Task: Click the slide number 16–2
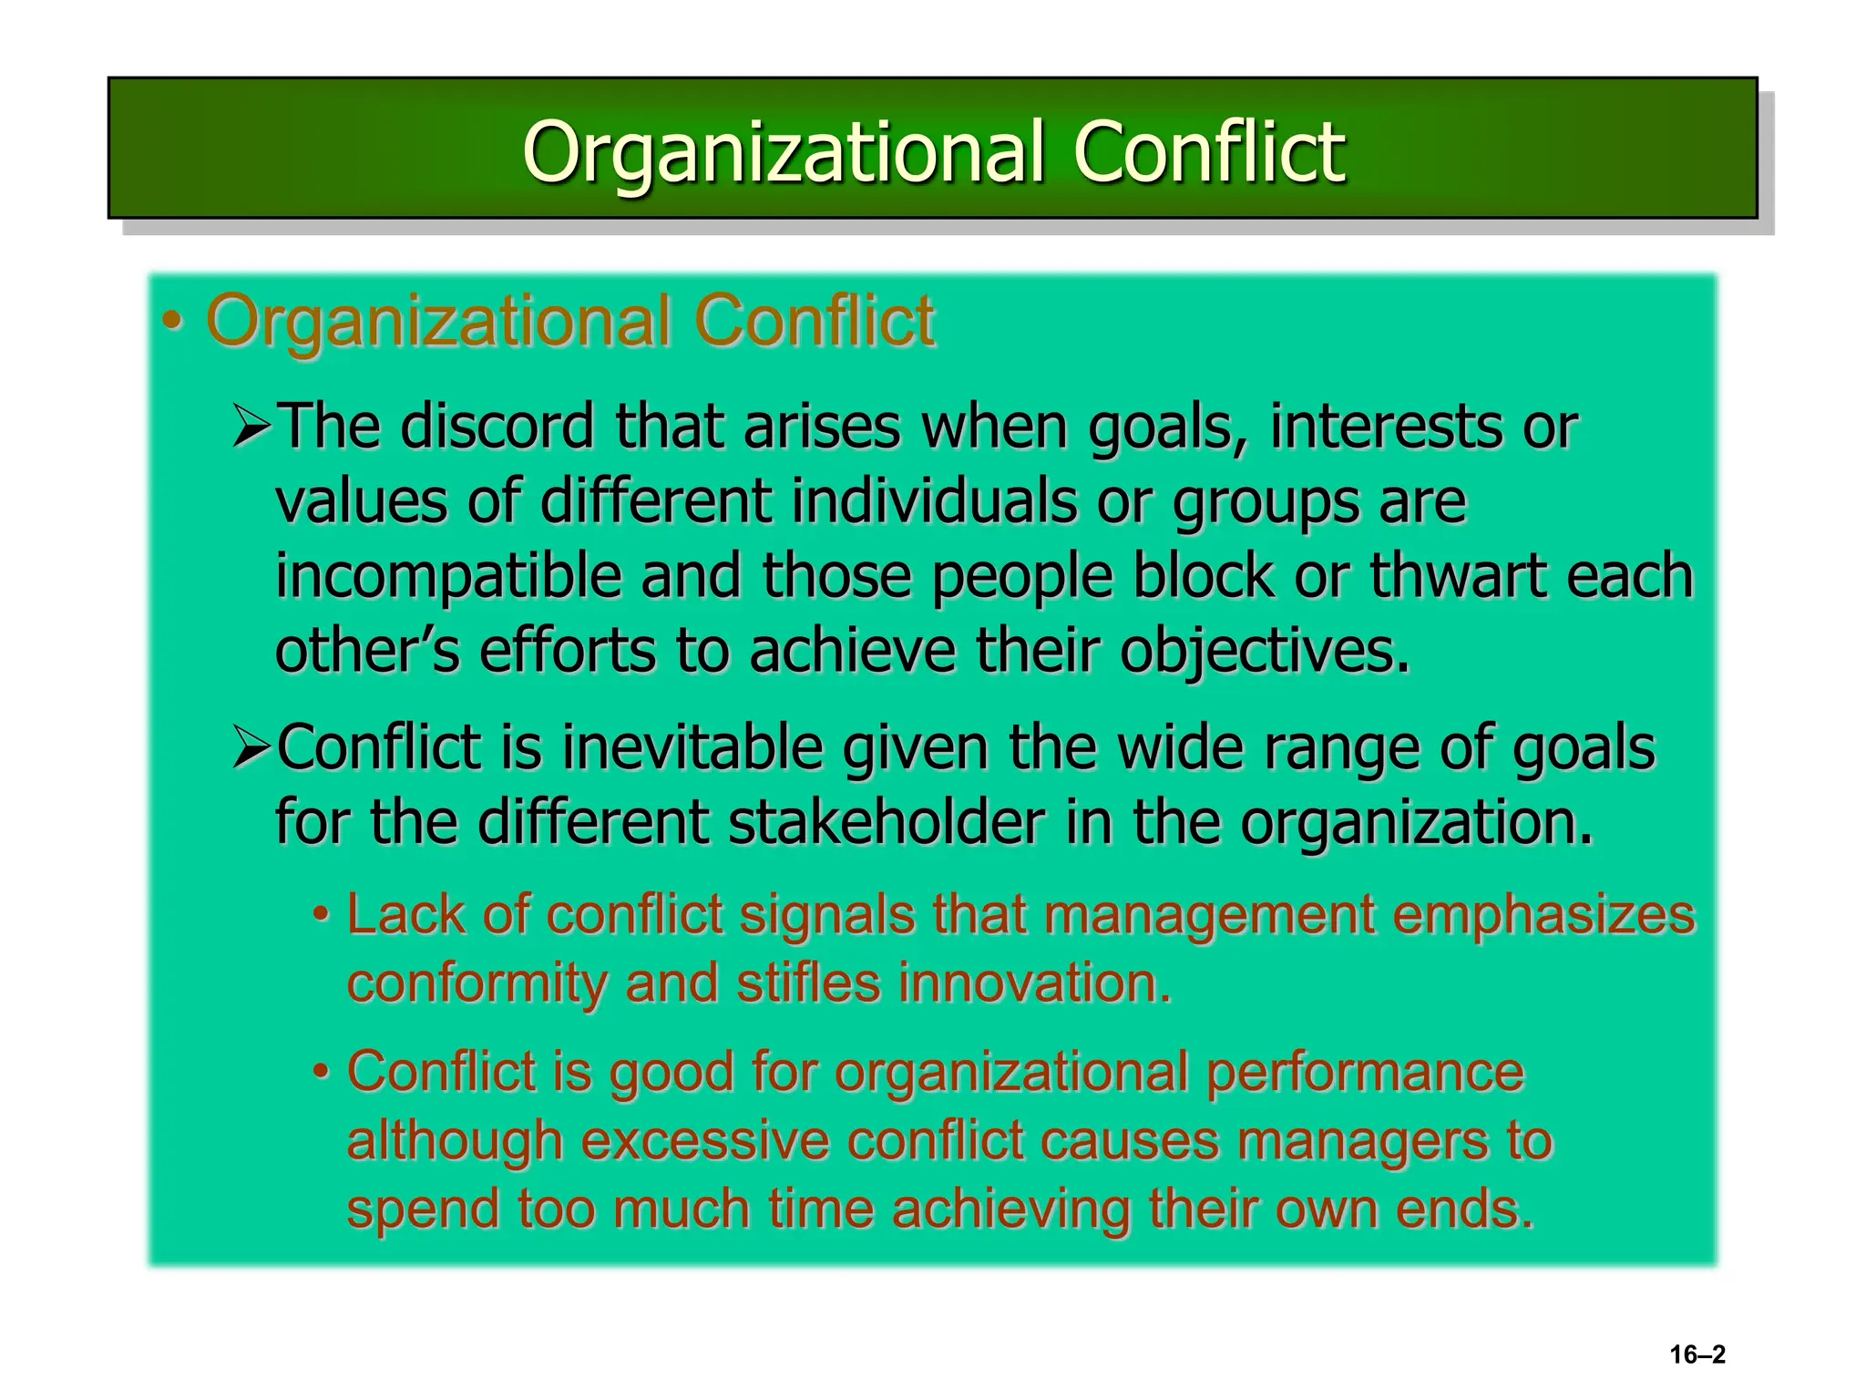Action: click(x=1697, y=1354)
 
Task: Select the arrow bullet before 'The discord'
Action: click(x=251, y=427)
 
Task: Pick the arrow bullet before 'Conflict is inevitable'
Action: click(x=251, y=747)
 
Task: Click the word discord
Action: click(x=497, y=426)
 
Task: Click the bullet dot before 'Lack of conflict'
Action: click(x=321, y=914)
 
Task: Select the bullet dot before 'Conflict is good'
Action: click(x=321, y=1072)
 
